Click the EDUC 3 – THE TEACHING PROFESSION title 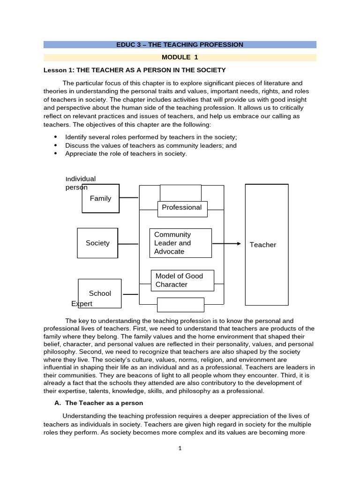(180, 45)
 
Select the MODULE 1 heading (180, 57)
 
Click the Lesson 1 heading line (135, 70)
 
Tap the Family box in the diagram (100, 198)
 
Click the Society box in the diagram (97, 243)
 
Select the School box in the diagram (100, 293)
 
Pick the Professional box (181, 208)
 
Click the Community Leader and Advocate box (180, 243)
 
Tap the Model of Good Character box (182, 280)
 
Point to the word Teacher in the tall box (263, 245)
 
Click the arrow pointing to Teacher (227, 244)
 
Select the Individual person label (80, 183)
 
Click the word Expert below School (82, 304)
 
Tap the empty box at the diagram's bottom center (180, 305)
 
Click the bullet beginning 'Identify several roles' (151, 137)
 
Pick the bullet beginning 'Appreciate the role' (126, 154)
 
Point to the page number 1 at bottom (180, 448)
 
